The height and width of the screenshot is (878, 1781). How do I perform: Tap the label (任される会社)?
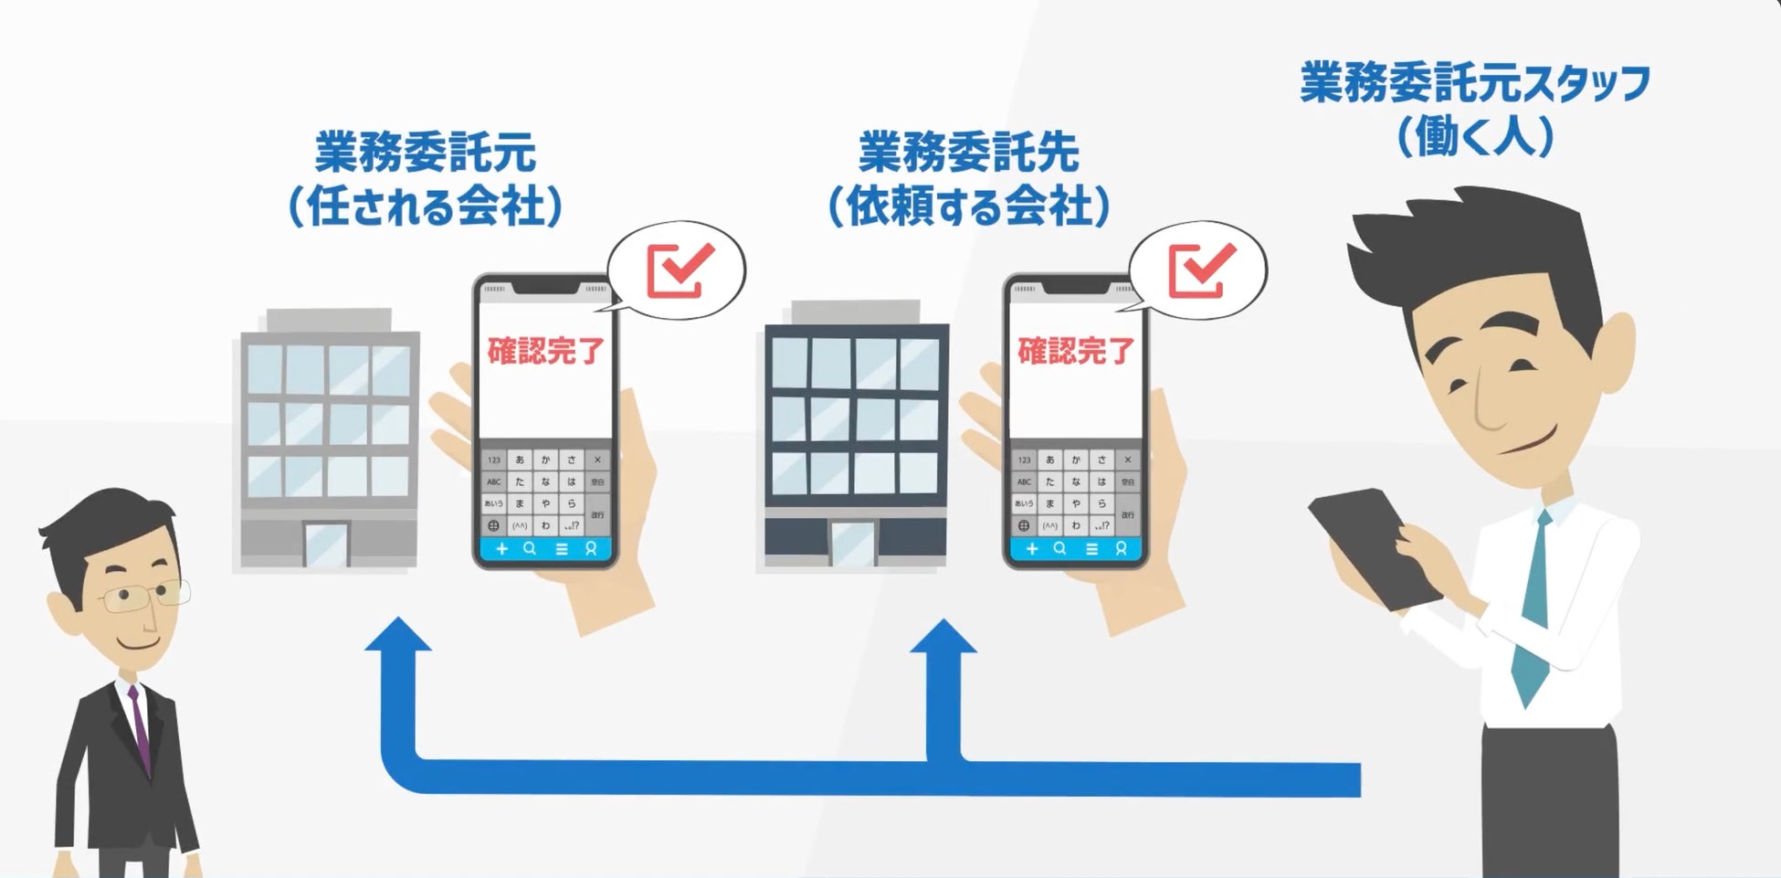[425, 206]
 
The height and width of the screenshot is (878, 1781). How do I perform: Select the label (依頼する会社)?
[969, 206]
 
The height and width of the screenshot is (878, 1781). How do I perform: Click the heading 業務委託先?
[969, 152]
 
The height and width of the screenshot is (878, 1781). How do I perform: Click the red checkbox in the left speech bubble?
[680, 270]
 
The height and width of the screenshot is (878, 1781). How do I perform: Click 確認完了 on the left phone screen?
[545, 350]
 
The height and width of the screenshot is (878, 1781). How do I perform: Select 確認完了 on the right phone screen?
[1075, 350]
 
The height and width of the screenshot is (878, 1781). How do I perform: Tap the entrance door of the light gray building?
[326, 545]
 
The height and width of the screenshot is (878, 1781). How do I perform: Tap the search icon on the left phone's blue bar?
[530, 549]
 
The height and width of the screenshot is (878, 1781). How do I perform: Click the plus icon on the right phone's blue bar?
[1032, 549]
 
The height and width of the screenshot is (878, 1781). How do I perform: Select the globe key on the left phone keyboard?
[494, 526]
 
